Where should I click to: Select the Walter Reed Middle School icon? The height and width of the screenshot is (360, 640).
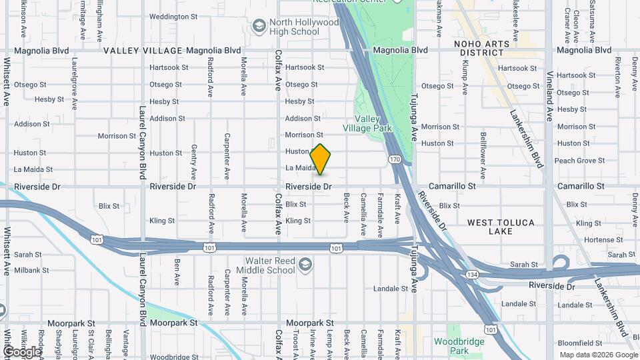pos(305,265)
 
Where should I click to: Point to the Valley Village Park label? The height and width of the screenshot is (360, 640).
pos(366,123)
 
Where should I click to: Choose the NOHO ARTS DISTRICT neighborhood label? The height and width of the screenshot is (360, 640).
pos(481,48)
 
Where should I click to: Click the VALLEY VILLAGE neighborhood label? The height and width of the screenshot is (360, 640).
pos(143,51)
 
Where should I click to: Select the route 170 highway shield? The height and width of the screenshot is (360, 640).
pos(395,159)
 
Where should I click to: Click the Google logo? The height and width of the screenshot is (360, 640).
pos(22,351)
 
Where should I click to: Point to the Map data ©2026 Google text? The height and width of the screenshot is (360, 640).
pos(597,355)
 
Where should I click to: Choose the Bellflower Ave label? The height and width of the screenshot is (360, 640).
pos(483,156)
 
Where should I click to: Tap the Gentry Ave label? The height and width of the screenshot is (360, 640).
pos(194,161)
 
